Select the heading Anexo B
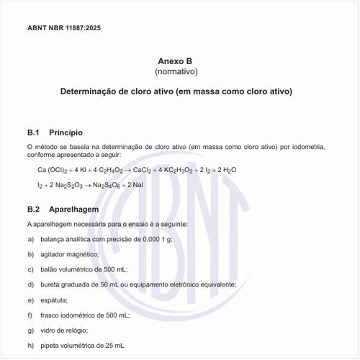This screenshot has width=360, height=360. [176, 61]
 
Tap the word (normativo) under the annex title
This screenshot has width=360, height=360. [176, 72]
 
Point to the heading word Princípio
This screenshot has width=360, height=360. [66, 132]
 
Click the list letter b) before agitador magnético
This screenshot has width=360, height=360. [30, 253]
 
